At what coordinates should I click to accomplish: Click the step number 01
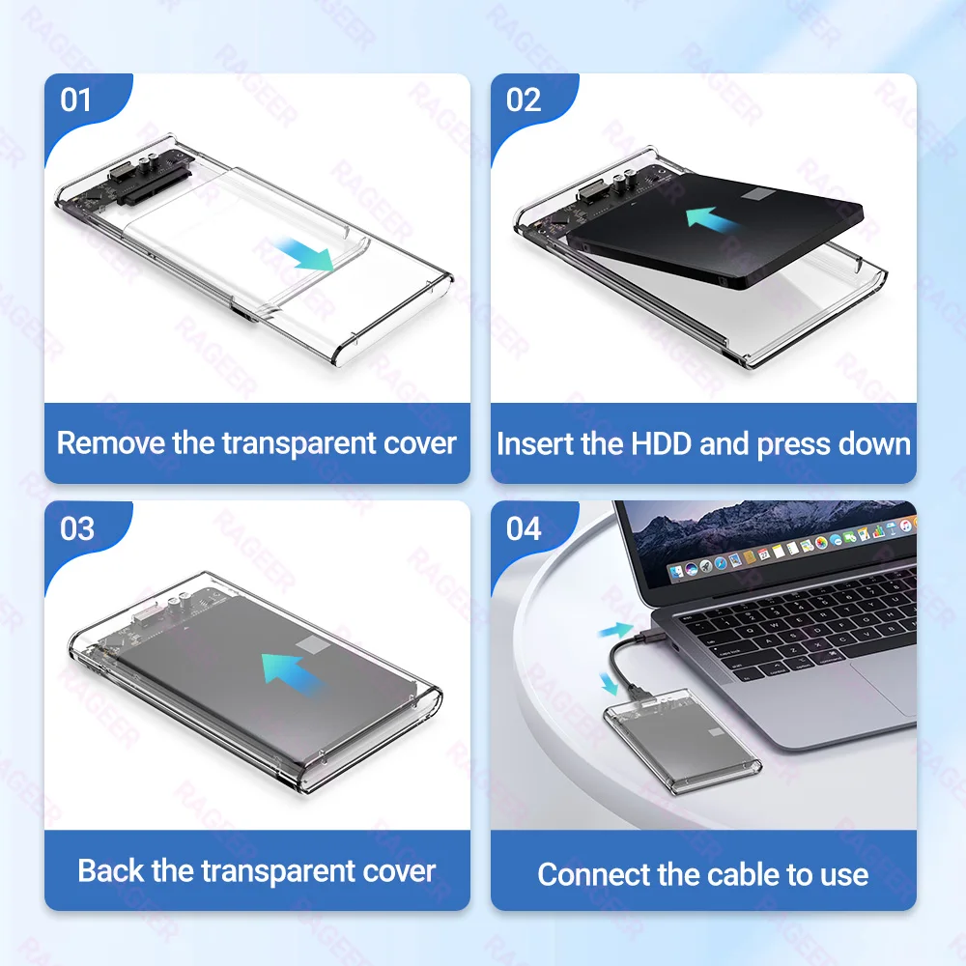[x=76, y=100]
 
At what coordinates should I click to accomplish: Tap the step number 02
[x=524, y=100]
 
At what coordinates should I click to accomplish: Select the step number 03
[x=77, y=528]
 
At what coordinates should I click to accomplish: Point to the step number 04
[x=524, y=528]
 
